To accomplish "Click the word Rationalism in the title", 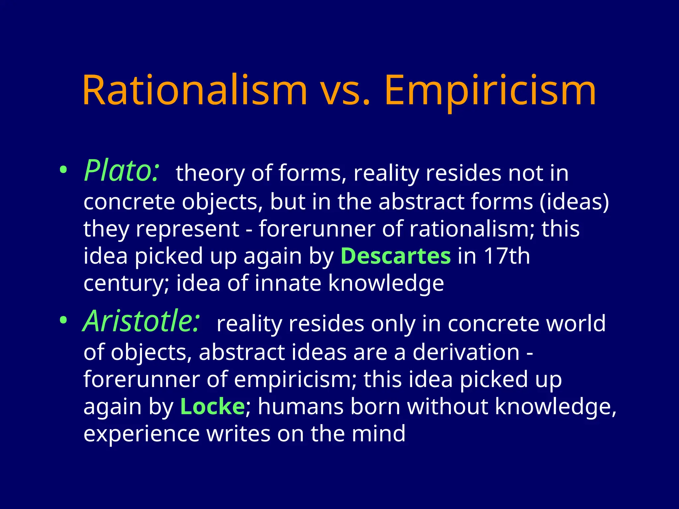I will click(x=195, y=90).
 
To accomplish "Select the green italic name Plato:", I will click(x=122, y=171).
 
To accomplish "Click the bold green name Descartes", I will click(x=396, y=256).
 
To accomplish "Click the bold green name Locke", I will click(x=212, y=407).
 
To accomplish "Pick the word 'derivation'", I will click(x=466, y=352).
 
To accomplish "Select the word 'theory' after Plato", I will click(x=210, y=174).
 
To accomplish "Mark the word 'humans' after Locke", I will click(x=300, y=407).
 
